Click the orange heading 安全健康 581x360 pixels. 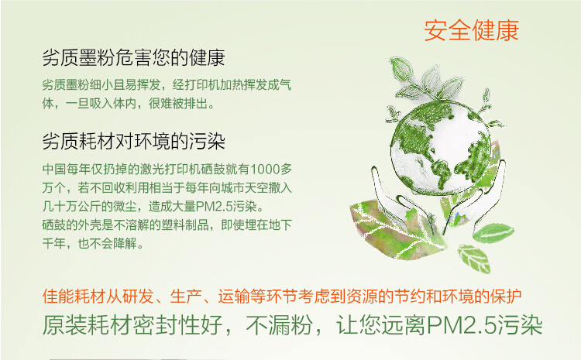pos(471,30)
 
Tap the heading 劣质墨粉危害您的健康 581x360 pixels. pos(133,59)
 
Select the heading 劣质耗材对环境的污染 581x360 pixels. pos(133,142)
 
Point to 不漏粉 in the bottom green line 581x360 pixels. pos(277,324)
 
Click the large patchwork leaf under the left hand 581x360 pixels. pos(387,229)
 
